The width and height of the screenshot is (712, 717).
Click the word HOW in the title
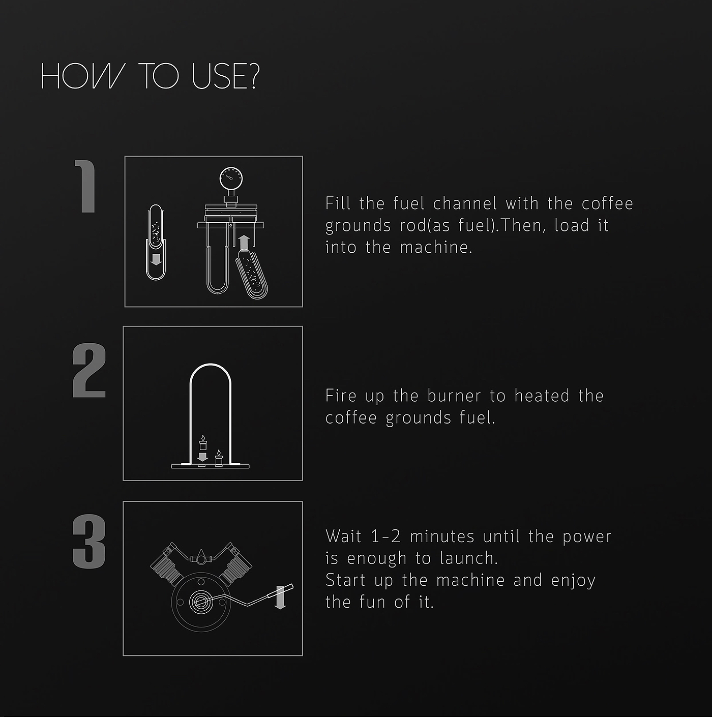point(81,76)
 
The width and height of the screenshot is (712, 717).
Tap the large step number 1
point(86,187)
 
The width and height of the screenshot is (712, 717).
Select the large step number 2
point(89,371)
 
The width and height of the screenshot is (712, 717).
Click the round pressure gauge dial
point(231,178)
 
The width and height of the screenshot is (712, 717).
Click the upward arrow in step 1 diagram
point(244,243)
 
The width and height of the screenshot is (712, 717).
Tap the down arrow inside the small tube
point(156,259)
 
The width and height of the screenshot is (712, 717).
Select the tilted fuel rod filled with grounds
point(251,274)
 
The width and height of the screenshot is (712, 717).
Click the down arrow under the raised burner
point(202,457)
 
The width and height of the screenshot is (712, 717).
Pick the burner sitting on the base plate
point(219,458)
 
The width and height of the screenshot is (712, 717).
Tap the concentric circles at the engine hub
point(201,602)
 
